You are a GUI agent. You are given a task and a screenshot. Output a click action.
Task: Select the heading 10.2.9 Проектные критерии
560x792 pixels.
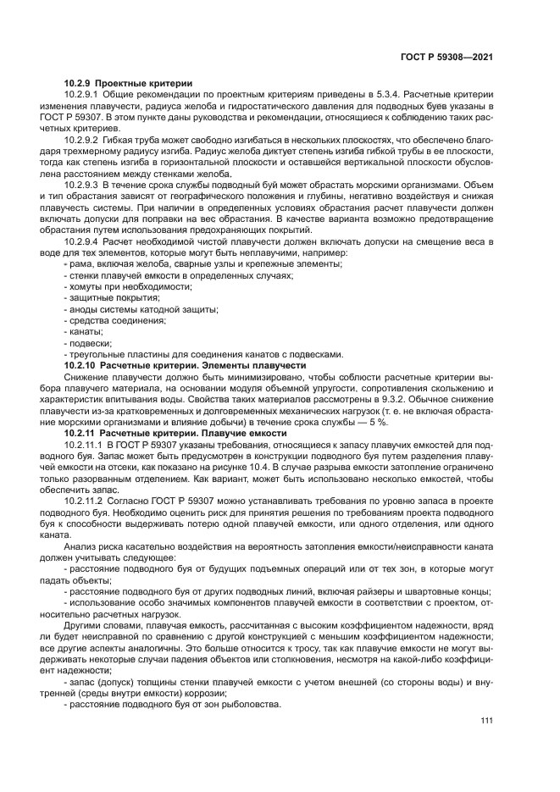(128, 82)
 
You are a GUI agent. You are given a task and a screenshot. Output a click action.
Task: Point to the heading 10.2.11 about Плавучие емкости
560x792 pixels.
(175, 431)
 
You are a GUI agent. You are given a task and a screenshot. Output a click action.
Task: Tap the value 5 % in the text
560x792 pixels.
(378, 420)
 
